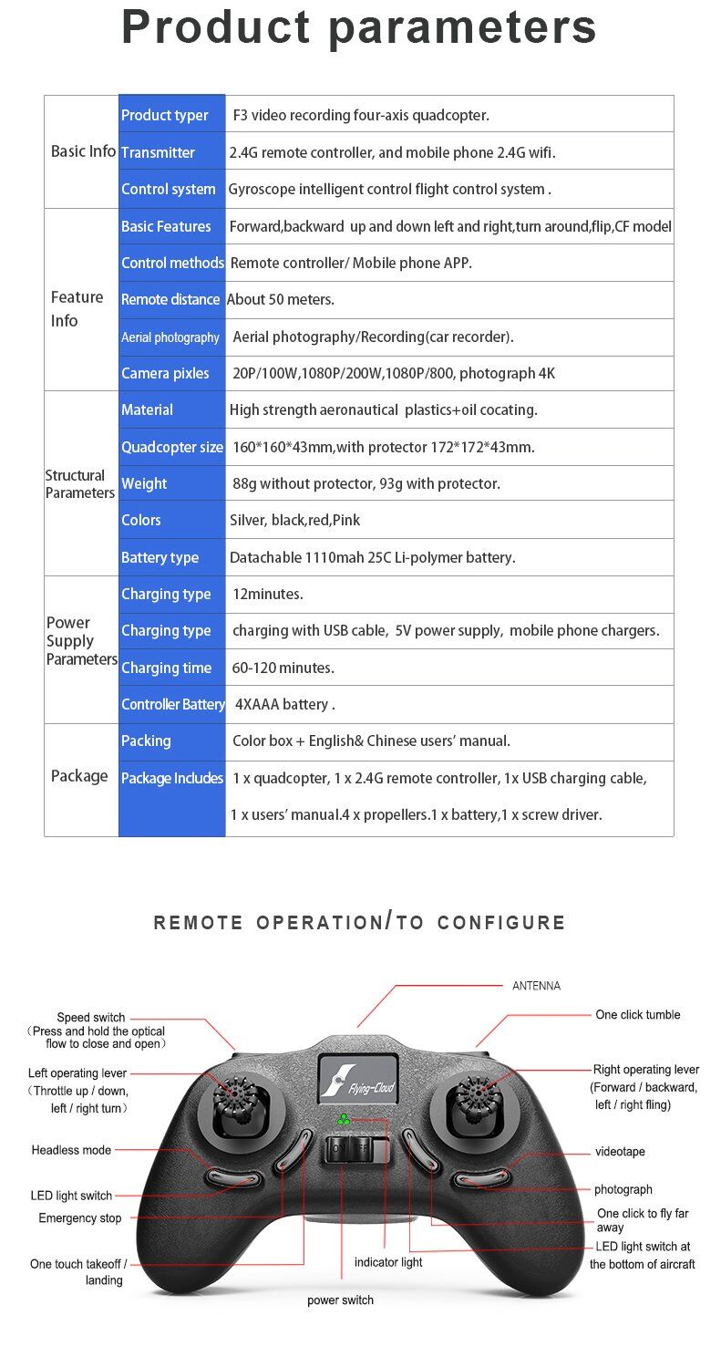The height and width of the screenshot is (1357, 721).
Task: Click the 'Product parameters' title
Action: pos(359,27)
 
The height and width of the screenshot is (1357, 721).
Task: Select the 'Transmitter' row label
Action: pos(158,152)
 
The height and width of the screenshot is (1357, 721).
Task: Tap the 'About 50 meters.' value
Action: pos(281,299)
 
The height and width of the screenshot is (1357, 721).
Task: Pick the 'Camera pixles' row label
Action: pos(165,373)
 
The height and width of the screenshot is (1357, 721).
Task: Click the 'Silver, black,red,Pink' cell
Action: pos(294,520)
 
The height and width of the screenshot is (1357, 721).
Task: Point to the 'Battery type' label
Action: pos(160,557)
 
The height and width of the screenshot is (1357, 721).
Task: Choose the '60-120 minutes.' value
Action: pos(283,668)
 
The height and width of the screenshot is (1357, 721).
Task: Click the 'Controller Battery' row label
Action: pos(172,704)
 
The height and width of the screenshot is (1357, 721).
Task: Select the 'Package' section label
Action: pos(79,776)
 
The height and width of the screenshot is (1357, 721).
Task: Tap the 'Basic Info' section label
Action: pos(83,151)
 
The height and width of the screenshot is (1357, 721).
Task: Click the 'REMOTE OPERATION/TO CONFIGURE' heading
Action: pos(360,922)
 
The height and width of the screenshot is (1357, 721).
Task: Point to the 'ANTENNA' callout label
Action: pos(536,986)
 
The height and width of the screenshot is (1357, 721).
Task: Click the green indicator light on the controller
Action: pos(344,1119)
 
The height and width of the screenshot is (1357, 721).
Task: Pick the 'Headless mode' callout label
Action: pos(71,1150)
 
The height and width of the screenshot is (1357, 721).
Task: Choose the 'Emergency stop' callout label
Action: pos(79,1218)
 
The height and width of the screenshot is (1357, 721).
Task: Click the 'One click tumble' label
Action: pos(637,1014)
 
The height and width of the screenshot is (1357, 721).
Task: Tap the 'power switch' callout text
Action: pos(340,1300)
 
